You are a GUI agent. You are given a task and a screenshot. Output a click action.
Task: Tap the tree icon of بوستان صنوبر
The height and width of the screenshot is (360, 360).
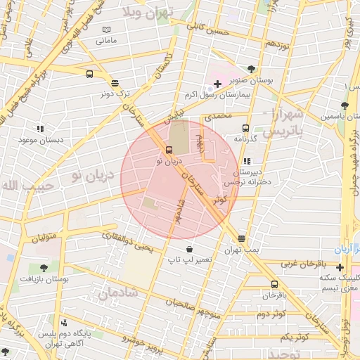click(271, 68)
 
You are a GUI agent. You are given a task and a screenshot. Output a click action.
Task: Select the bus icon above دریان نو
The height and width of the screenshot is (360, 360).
click(169, 150)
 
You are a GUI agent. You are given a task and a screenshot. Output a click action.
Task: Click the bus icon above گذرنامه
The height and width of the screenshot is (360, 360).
click(245, 128)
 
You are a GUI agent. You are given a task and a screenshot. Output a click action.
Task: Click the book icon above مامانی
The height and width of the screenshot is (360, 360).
click(107, 30)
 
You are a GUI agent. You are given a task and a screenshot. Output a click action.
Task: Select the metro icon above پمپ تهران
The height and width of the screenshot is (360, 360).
click(242, 238)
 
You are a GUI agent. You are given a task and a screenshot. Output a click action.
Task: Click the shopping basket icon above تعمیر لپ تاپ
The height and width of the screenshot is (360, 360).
click(189, 249)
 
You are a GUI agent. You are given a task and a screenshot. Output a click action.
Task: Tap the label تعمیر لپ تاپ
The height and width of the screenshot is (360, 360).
click(190, 261)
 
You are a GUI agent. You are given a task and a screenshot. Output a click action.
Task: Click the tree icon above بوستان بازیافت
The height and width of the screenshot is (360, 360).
click(44, 268)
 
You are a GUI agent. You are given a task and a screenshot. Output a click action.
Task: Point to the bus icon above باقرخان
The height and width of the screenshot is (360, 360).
click(274, 284)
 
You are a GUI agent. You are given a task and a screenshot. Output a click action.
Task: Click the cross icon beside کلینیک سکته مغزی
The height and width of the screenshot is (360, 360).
click(340, 267)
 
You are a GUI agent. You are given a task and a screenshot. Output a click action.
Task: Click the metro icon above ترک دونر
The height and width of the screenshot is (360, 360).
click(115, 82)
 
